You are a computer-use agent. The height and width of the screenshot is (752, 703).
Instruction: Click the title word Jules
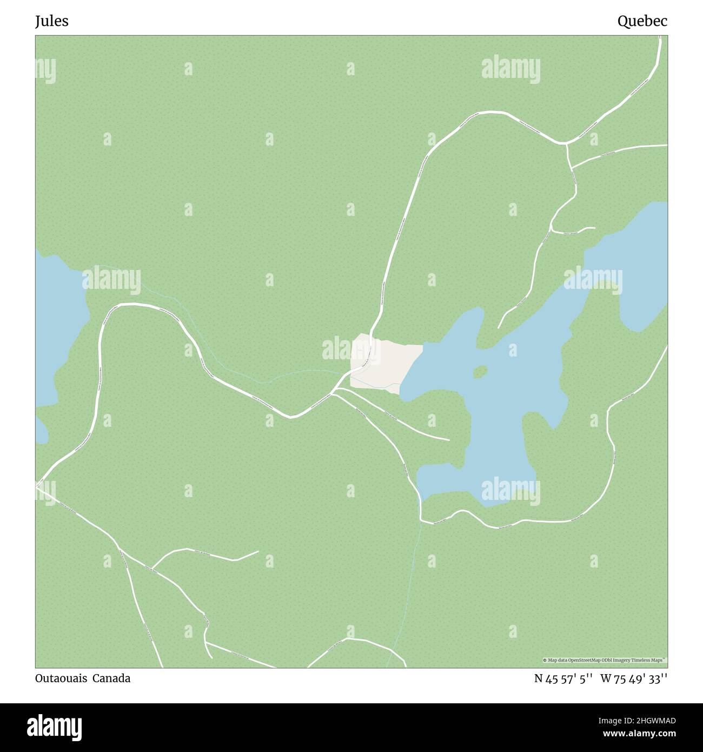52,21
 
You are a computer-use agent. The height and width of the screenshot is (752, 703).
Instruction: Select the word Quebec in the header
642,21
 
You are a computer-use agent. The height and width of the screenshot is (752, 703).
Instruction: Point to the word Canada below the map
111,678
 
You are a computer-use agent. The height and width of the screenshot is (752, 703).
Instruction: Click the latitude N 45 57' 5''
563,678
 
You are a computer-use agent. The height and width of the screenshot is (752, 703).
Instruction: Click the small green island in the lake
480,372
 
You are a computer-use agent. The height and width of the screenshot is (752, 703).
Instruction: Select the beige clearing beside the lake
387,362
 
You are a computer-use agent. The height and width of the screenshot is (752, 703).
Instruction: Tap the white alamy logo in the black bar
55,727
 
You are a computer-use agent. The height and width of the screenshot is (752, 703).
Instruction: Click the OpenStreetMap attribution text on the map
605,660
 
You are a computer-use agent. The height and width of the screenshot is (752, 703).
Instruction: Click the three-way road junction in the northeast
566,144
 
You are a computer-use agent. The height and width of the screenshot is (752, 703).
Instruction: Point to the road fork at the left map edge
37,485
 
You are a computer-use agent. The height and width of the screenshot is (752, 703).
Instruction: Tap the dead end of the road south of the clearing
449,439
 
